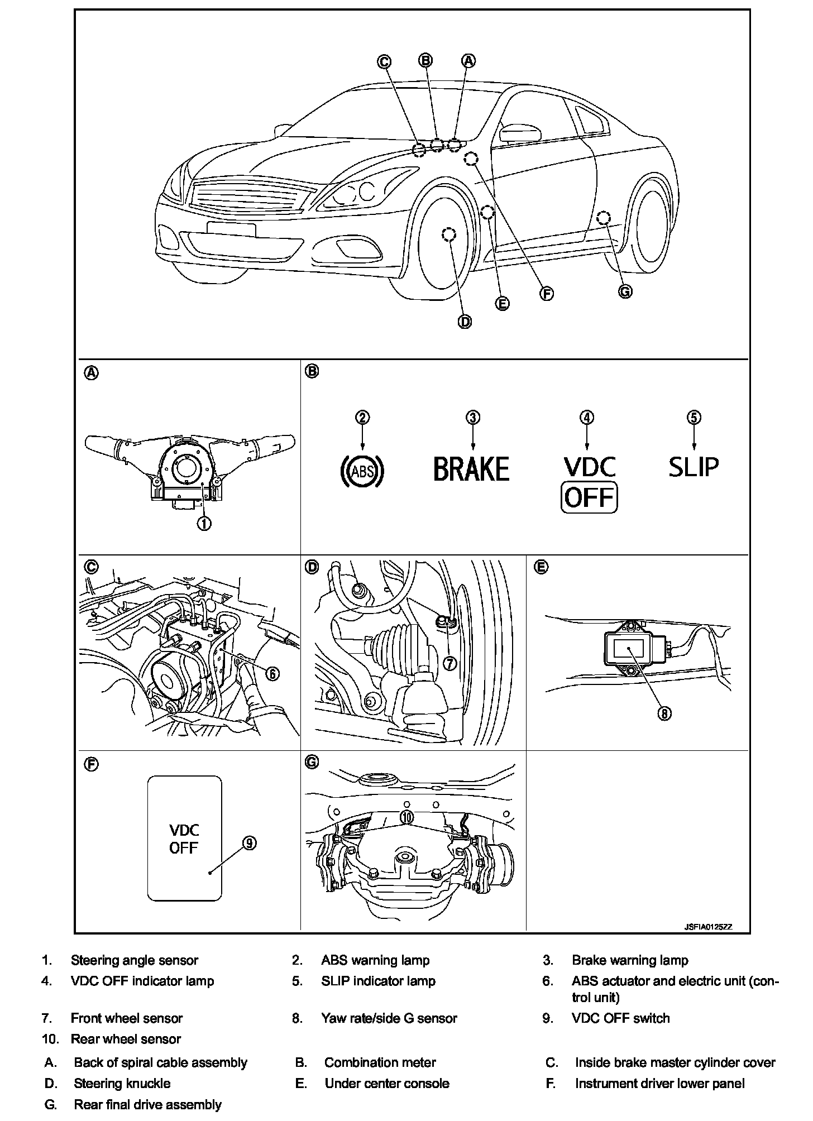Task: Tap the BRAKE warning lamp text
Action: tap(472, 469)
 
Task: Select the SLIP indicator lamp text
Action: tap(694, 467)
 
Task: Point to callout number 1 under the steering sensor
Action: tap(204, 523)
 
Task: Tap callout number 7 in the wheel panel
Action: tap(450, 663)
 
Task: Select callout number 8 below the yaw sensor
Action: tap(664, 713)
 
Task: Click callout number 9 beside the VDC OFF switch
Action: tap(250, 843)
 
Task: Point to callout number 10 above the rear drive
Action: tap(407, 817)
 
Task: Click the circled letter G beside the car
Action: tap(626, 291)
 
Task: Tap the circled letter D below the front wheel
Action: tap(465, 322)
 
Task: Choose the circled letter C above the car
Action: tap(384, 61)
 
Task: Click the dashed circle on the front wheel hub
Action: tap(448, 234)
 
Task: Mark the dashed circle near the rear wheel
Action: tap(604, 218)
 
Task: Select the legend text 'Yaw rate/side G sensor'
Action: tap(389, 1018)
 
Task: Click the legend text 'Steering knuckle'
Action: tap(122, 1084)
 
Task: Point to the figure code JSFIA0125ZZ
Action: tap(709, 927)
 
